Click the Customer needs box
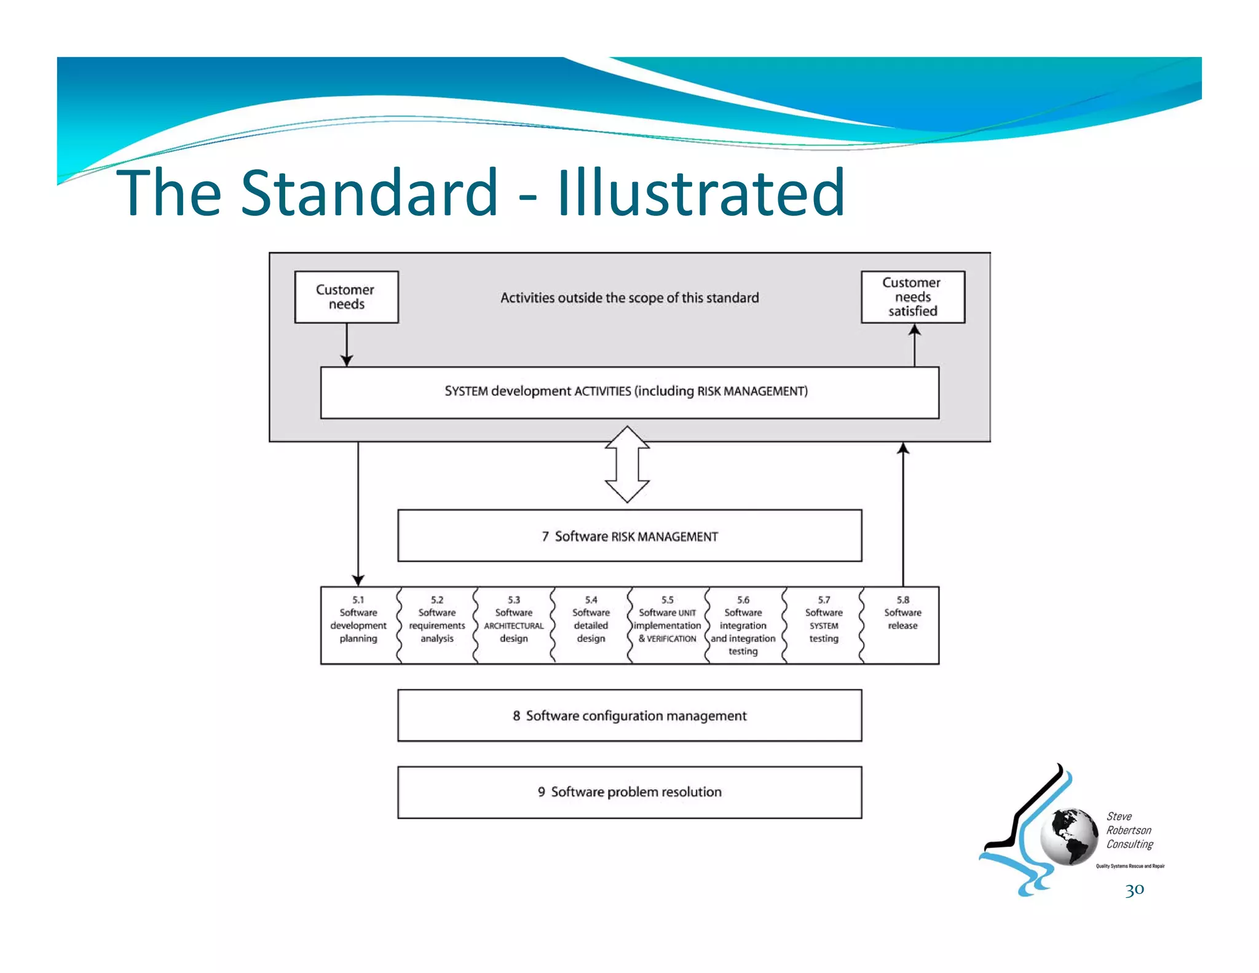click(346, 297)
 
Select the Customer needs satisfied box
click(913, 297)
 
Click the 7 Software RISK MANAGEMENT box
click(629, 536)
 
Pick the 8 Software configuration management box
click(629, 715)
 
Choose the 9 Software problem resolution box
click(629, 792)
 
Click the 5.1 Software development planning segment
click(358, 625)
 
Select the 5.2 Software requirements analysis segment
click(437, 625)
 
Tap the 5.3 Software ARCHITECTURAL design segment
click(514, 625)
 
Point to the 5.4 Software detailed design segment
click(591, 625)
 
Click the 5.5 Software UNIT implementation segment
click(668, 625)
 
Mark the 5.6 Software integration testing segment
click(743, 625)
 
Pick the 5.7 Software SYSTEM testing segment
click(824, 625)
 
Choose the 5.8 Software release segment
click(902, 625)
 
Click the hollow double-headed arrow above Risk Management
click(627, 464)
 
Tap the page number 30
click(1135, 890)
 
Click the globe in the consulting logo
click(1070, 836)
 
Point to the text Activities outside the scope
click(629, 298)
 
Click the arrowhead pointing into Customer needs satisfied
click(915, 330)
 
